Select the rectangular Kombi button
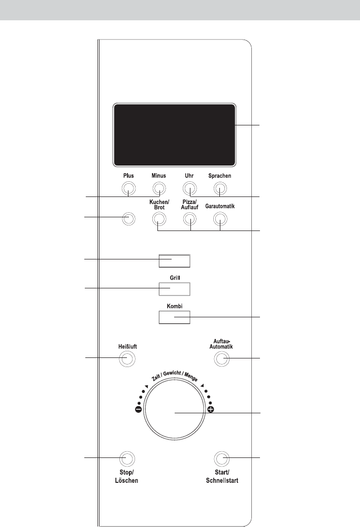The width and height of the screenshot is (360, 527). click(x=175, y=317)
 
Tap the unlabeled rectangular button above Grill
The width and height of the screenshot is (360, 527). click(x=175, y=261)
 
